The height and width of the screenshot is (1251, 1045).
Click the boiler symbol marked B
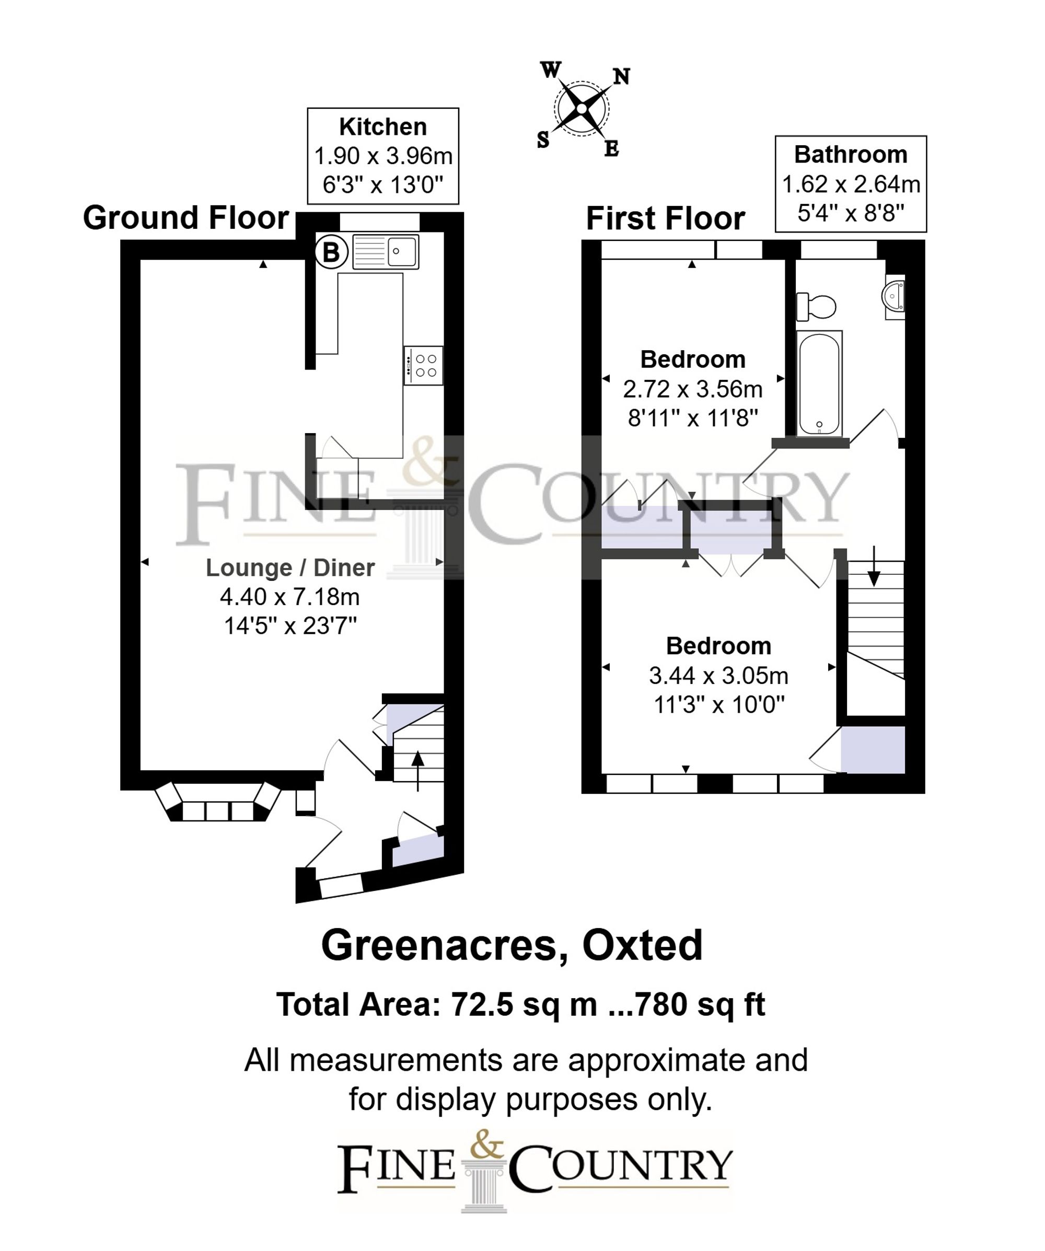tap(331, 252)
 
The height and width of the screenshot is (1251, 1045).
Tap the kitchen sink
tap(386, 251)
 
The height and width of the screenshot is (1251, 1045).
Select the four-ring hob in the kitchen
tap(423, 365)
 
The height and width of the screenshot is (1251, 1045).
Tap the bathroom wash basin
tap(895, 296)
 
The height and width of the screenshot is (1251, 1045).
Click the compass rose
tap(582, 108)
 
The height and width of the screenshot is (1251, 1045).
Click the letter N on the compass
tap(621, 77)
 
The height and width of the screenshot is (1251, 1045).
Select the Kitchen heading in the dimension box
tap(382, 127)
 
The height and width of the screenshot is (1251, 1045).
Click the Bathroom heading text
tap(850, 155)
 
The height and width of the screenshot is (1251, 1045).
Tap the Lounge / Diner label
tap(290, 567)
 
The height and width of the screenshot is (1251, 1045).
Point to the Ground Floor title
tap(186, 217)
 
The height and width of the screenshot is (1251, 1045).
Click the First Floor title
tap(665, 218)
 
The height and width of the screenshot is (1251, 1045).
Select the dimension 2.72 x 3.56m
tap(692, 389)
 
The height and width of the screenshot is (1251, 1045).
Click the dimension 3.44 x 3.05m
tap(718, 676)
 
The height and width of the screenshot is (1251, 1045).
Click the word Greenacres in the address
tap(443, 945)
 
